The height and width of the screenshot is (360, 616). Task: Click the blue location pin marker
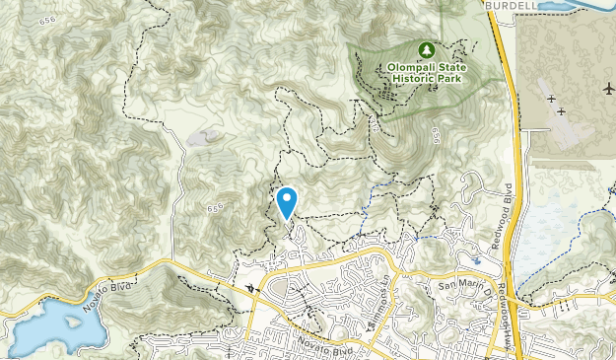click(x=287, y=202)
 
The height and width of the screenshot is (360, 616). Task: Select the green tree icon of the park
click(x=427, y=48)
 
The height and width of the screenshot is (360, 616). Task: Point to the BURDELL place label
click(x=510, y=4)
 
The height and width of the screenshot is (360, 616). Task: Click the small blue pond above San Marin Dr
click(x=477, y=261)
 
